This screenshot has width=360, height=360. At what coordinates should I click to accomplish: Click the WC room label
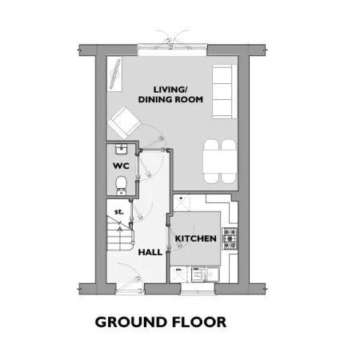tap(121, 166)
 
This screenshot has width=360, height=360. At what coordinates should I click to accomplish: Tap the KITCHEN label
tap(195, 238)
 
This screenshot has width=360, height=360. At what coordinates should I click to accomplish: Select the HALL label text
tap(150, 252)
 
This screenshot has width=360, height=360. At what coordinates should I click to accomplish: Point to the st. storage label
tap(119, 212)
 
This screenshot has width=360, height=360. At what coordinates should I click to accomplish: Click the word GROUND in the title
tap(130, 322)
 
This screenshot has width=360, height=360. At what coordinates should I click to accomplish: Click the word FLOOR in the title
tap(199, 322)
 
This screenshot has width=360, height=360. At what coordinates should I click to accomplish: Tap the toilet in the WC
tap(121, 185)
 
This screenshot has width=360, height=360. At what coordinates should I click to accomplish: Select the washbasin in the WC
tap(122, 149)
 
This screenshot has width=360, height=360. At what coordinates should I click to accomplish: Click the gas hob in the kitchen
tap(230, 238)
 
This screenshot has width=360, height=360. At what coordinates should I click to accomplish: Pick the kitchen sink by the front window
tap(206, 274)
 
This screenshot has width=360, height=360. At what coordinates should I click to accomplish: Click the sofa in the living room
tap(225, 91)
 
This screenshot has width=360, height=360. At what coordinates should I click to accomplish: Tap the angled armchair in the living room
tap(124, 122)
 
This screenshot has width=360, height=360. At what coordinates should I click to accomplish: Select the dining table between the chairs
tap(220, 162)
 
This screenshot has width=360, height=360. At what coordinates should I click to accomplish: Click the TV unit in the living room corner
tap(114, 74)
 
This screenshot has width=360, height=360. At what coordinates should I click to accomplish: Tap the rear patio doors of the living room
tap(172, 47)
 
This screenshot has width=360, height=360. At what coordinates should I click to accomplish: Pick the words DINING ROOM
tap(170, 99)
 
